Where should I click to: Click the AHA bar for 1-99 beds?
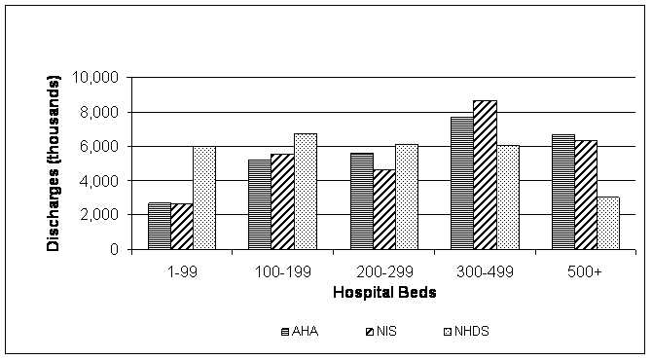pyautogui.click(x=160, y=226)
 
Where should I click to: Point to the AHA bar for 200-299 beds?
pyautogui.click(x=361, y=200)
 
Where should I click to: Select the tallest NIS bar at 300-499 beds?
pyautogui.click(x=485, y=175)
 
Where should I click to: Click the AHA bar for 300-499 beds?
pyautogui.click(x=462, y=183)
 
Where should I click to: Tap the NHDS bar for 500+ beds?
pyautogui.click(x=608, y=223)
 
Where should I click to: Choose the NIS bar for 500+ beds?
pyautogui.click(x=586, y=195)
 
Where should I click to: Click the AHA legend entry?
pyautogui.click(x=296, y=331)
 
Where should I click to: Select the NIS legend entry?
pyautogui.click(x=375, y=331)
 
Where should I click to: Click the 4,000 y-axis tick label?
pyautogui.click(x=99, y=181)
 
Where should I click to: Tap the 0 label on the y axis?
pyautogui.click(x=114, y=249)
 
